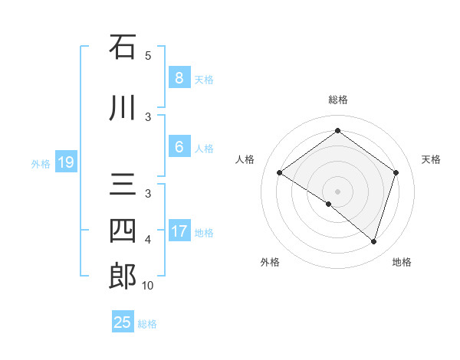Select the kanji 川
click(x=123, y=108)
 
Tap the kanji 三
click(x=123, y=186)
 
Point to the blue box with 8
click(x=179, y=78)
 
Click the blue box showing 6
click(x=179, y=147)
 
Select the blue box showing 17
click(x=179, y=231)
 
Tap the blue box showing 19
click(x=65, y=162)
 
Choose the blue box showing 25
click(x=123, y=322)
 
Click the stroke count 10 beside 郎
click(x=147, y=286)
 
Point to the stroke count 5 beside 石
click(x=148, y=55)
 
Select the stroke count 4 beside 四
click(x=148, y=240)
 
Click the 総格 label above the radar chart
click(x=337, y=100)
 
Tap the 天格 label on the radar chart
click(x=432, y=159)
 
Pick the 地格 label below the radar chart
click(x=402, y=262)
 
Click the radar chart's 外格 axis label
click(x=270, y=262)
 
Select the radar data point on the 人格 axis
click(x=279, y=173)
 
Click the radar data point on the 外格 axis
click(x=329, y=204)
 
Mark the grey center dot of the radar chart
click(x=337, y=191)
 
